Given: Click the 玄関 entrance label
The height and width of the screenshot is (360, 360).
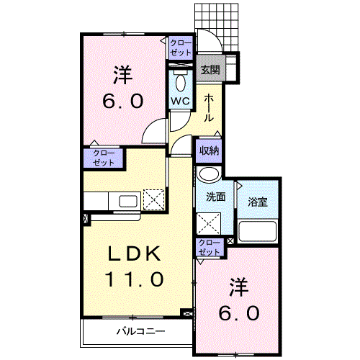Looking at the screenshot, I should pyautogui.click(x=210, y=70).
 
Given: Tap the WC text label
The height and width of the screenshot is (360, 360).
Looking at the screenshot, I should pyautogui.click(x=179, y=101).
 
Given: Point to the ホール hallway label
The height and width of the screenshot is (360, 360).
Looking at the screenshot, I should pyautogui.click(x=209, y=108).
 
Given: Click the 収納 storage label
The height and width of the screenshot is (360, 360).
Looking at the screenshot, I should pyautogui.click(x=210, y=150).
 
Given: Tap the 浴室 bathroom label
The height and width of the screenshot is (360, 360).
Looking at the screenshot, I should pyautogui.click(x=258, y=202).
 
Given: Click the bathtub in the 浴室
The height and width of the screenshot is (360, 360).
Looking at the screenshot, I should pyautogui.click(x=257, y=231).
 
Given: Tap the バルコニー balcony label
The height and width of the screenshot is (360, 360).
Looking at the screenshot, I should pyautogui.click(x=141, y=332).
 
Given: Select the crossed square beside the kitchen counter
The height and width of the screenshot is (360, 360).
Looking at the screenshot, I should pyautogui.click(x=154, y=199).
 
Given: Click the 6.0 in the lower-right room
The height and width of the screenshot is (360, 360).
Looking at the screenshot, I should pyautogui.click(x=239, y=313).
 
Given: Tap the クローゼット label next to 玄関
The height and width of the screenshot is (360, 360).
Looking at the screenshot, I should pyautogui.click(x=181, y=48).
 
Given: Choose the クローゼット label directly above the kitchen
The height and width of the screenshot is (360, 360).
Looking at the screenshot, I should pyautogui.click(x=103, y=158).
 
